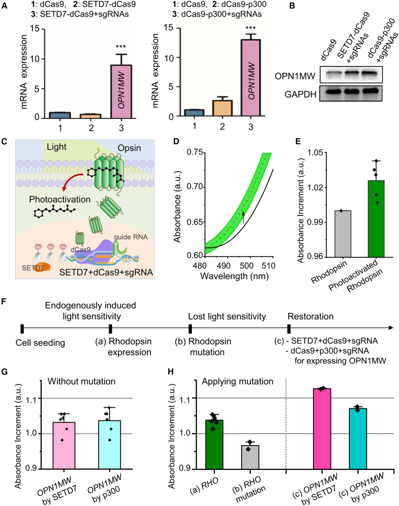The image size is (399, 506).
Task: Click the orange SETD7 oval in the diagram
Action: pos(37,265)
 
